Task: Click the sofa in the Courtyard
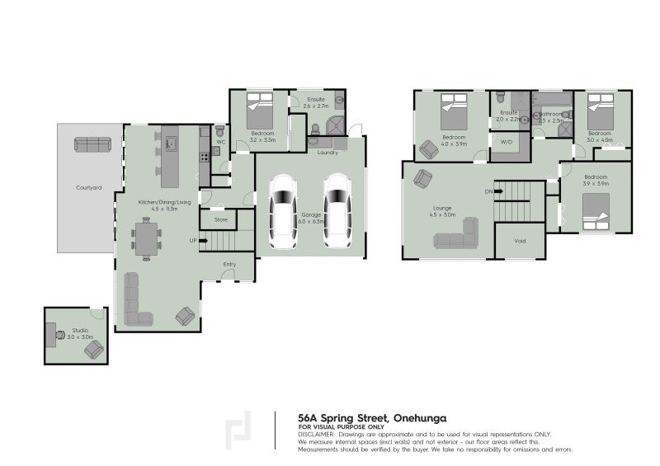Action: pyautogui.click(x=92, y=144)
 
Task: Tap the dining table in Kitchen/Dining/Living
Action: pyautogui.click(x=146, y=238)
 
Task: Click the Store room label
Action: pyautogui.click(x=220, y=219)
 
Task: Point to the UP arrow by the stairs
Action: pyautogui.click(x=195, y=240)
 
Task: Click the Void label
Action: pyautogui.click(x=520, y=242)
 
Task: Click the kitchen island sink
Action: pyautogui.click(x=172, y=144)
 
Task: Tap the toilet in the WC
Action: pyautogui.click(x=219, y=131)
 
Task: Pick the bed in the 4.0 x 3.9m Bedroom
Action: pyautogui.click(x=454, y=107)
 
